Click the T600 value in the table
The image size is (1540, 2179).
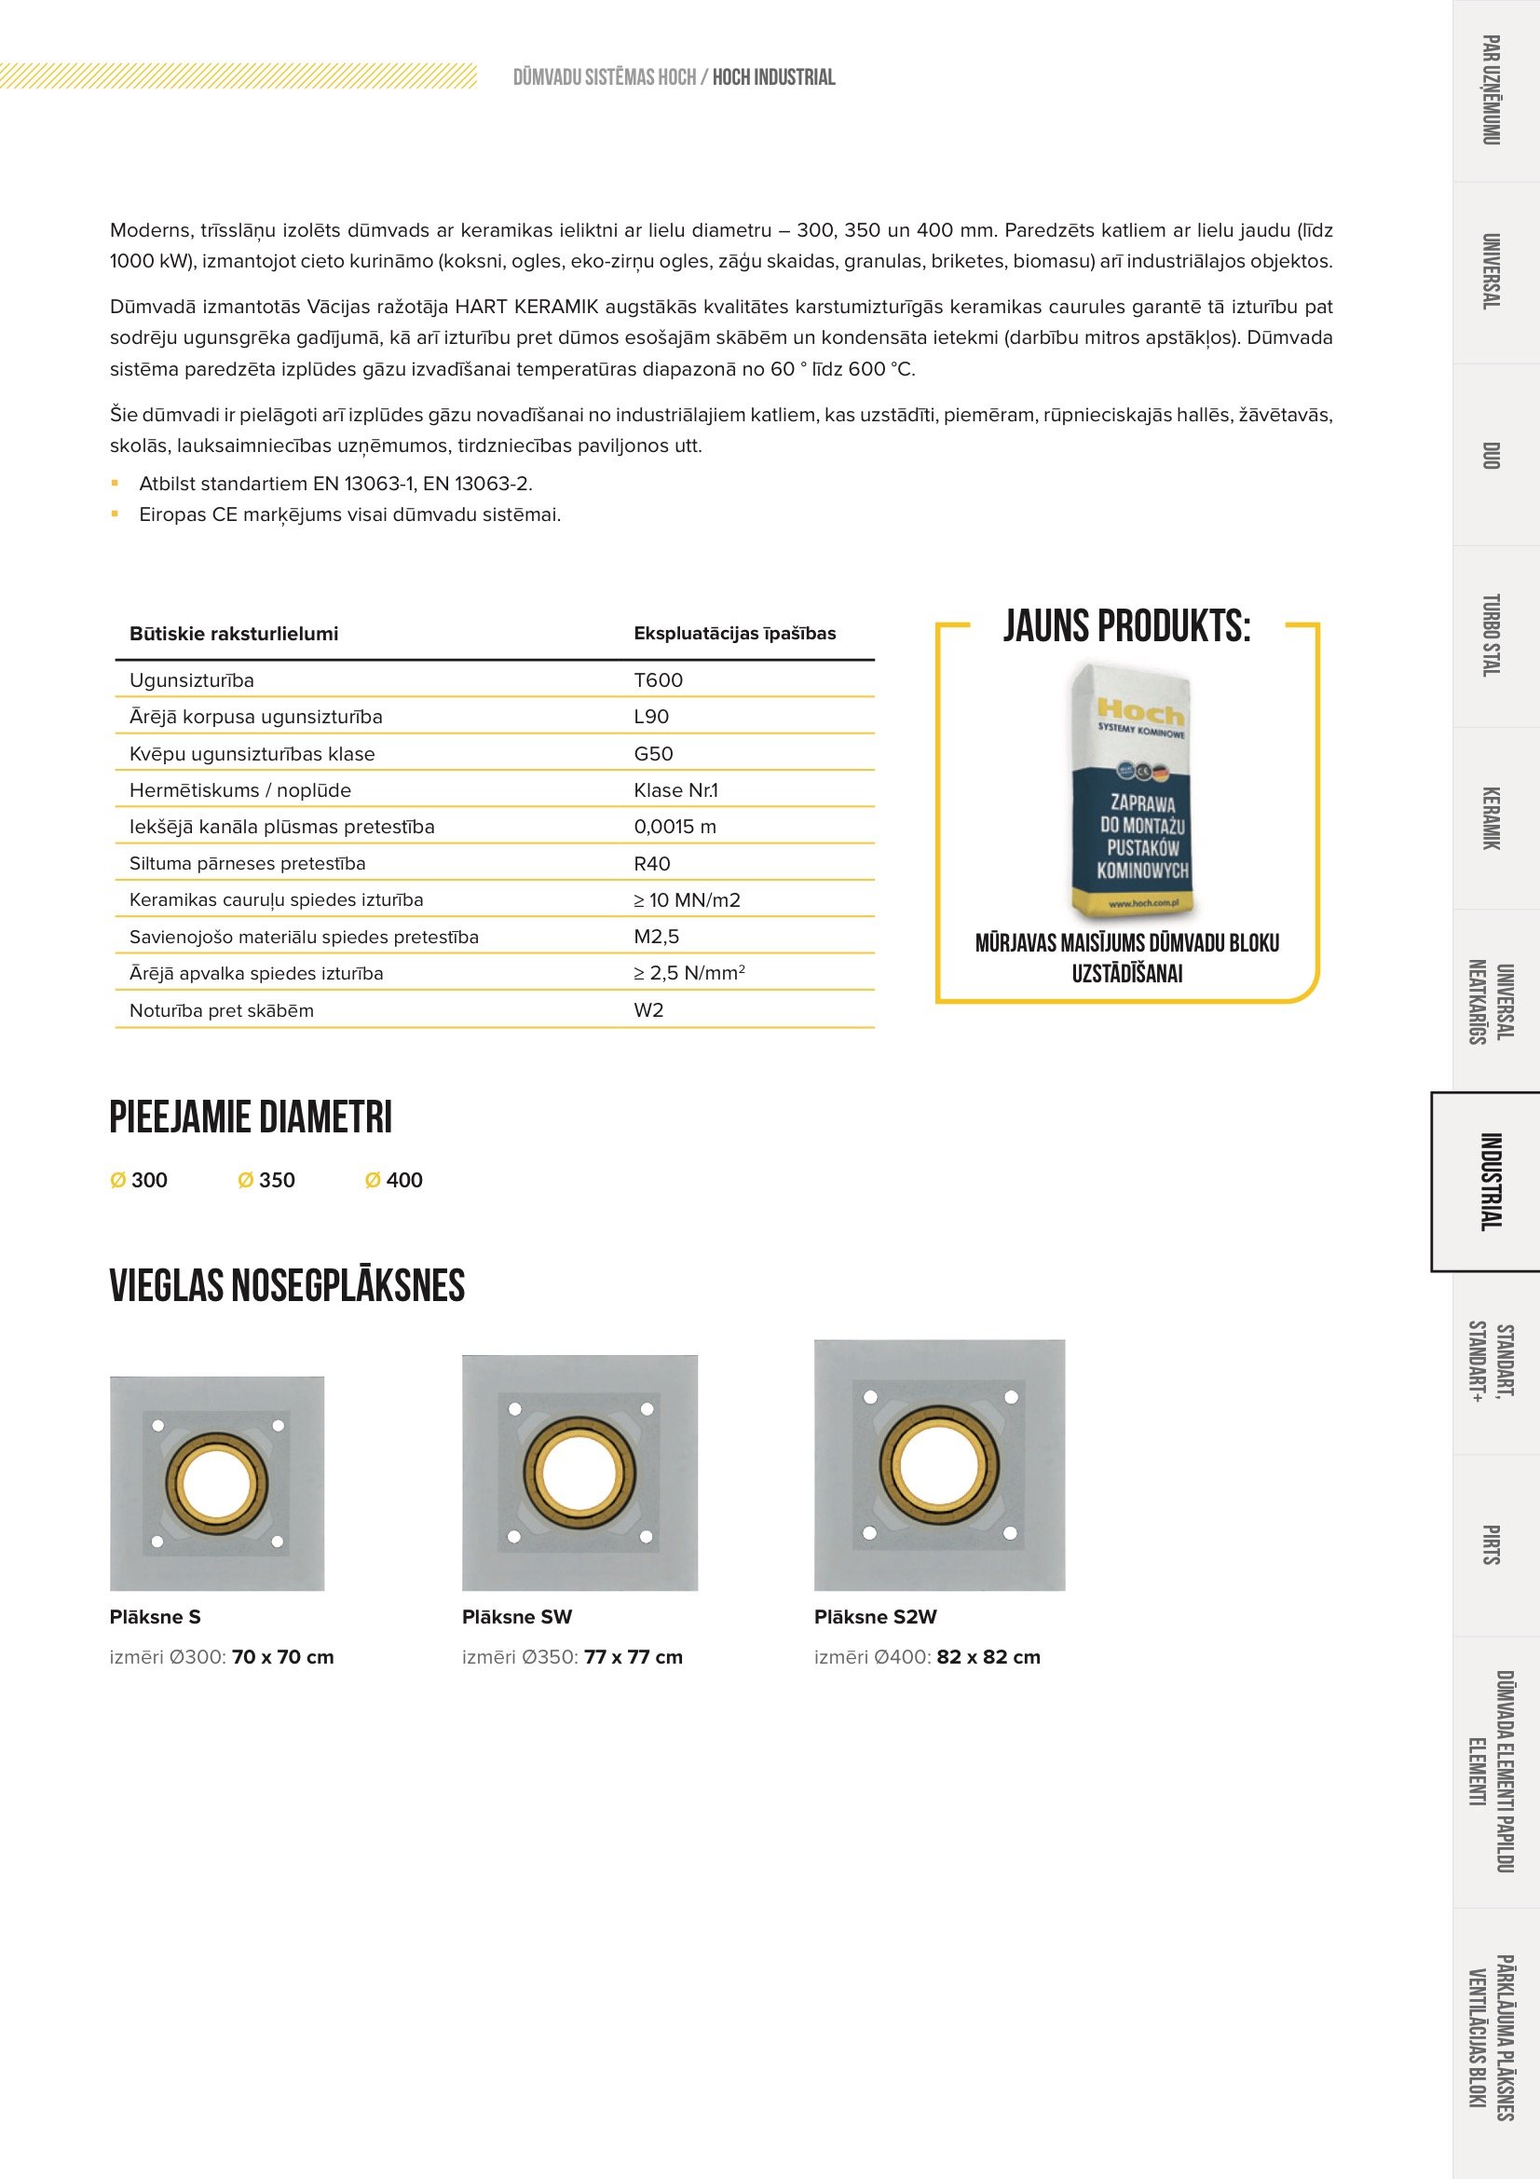(658, 680)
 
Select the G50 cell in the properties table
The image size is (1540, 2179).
(653, 755)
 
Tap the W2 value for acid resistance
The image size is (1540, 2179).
(648, 1010)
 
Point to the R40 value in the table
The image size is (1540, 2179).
(652, 864)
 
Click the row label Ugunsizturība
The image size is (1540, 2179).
(192, 680)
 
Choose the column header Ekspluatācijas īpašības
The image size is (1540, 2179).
(734, 634)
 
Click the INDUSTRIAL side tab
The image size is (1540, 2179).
(1491, 1182)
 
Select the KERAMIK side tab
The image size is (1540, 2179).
(1491, 818)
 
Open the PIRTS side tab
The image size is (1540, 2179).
(1491, 1545)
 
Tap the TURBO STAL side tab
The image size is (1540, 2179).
(1491, 636)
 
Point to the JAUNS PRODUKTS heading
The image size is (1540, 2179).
(1126, 627)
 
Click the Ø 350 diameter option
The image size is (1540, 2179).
(266, 1181)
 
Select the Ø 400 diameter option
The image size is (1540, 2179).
(394, 1181)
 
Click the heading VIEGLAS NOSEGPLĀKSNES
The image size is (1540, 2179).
(287, 1287)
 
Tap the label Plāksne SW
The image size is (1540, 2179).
(517, 1617)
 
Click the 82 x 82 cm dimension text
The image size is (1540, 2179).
(988, 1658)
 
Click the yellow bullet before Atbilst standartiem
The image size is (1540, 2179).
(115, 484)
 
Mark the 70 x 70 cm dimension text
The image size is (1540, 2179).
(283, 1658)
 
